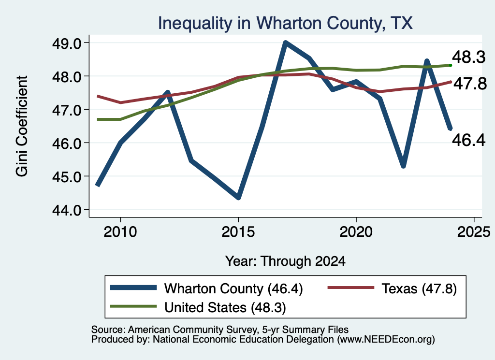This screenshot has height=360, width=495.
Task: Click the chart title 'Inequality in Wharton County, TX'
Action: [x=285, y=23]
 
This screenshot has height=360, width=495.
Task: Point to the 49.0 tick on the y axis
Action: [x=67, y=43]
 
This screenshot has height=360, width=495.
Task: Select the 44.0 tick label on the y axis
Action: [x=67, y=210]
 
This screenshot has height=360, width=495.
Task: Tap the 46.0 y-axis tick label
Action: [x=67, y=143]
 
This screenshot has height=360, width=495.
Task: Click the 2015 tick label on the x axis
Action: [x=238, y=232]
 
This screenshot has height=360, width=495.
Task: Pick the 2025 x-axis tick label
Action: [x=474, y=232]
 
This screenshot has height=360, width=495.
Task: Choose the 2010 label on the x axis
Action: [x=120, y=232]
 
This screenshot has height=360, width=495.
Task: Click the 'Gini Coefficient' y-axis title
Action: [x=22, y=126]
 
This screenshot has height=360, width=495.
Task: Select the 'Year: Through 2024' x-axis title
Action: [x=285, y=261]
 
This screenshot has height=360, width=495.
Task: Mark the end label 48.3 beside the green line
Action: [x=469, y=57]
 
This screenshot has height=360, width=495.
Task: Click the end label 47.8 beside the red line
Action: [x=470, y=84]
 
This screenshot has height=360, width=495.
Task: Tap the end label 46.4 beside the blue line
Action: [x=469, y=140]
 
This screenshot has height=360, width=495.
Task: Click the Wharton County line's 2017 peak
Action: [x=285, y=43]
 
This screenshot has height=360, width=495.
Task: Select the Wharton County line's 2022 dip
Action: [x=403, y=166]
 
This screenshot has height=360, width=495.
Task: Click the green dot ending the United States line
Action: [x=451, y=65]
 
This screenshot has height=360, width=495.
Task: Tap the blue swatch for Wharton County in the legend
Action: [x=133, y=288]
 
